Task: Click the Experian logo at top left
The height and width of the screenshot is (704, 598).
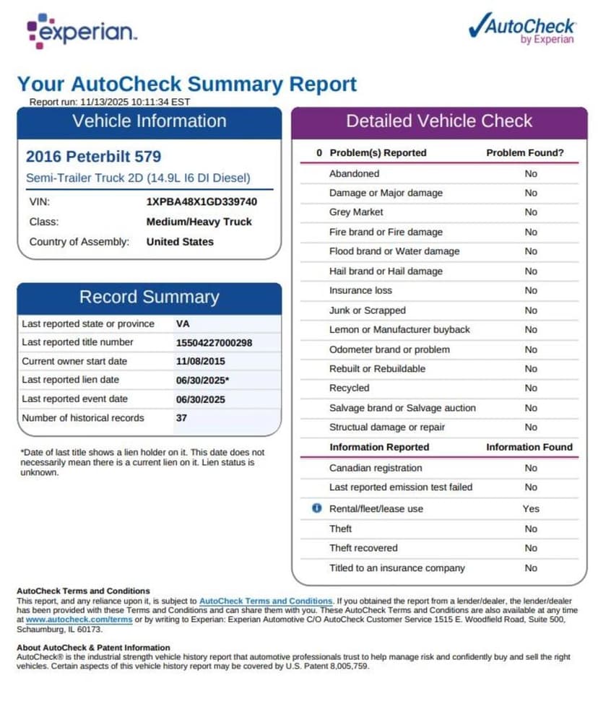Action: tap(82, 31)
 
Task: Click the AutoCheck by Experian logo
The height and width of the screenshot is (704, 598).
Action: tap(521, 30)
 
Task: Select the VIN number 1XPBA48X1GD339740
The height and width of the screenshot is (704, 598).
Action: tap(201, 202)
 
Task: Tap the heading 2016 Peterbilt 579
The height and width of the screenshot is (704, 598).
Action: tap(93, 157)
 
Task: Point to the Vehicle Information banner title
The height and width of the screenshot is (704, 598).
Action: tap(149, 121)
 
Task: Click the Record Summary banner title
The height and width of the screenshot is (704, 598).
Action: tap(149, 297)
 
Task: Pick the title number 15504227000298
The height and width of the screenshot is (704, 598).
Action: tap(214, 342)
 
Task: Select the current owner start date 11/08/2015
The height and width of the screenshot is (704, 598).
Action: tap(200, 361)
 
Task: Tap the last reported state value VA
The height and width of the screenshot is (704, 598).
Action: tap(183, 323)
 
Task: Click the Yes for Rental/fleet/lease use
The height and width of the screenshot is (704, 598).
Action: tap(531, 509)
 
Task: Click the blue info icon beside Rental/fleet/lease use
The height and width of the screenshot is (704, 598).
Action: tap(316, 508)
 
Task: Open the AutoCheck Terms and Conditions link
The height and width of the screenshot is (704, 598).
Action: tap(266, 601)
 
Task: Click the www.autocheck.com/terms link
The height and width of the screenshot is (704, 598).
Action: tap(79, 620)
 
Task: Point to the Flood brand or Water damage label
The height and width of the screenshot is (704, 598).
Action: tap(394, 251)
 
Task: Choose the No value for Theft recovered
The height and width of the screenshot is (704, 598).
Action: tap(531, 548)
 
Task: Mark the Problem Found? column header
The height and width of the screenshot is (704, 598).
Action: tap(525, 153)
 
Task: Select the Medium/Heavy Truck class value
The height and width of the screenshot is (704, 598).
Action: tap(199, 222)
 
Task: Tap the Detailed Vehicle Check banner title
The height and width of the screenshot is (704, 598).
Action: tap(439, 121)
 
